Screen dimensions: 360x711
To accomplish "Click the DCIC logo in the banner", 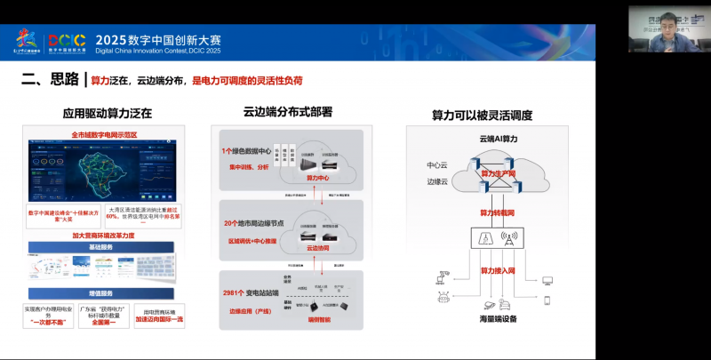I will coord(67,41).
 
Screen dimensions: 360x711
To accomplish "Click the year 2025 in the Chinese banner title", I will coord(113,39).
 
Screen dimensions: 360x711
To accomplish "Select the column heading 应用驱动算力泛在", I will coord(107,114).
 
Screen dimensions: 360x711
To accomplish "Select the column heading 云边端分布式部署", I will coord(287,112).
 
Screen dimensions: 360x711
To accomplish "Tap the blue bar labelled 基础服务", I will coord(104,246).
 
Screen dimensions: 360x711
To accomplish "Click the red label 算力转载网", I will coord(498,212).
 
